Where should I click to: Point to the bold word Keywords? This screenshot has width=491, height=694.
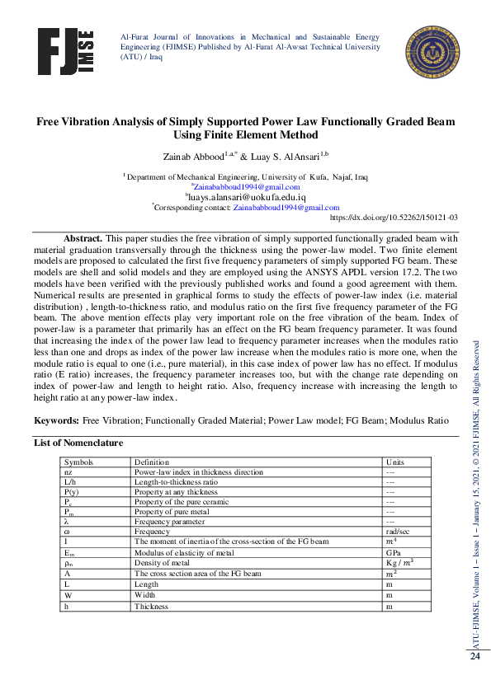pyautogui.click(x=56, y=420)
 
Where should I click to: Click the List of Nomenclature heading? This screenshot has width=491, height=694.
pyautogui.click(x=78, y=443)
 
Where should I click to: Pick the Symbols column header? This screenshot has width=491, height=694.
pyautogui.click(x=79, y=462)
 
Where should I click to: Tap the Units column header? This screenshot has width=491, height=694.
pyautogui.click(x=394, y=462)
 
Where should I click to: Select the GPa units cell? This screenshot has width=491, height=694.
pyautogui.click(x=394, y=551)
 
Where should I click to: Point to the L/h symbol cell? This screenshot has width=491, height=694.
pyautogui.click(x=72, y=481)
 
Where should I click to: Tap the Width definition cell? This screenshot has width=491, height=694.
pyautogui.click(x=145, y=594)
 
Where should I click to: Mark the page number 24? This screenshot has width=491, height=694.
pyautogui.click(x=475, y=657)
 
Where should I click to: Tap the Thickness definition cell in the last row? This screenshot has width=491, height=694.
pyautogui.click(x=151, y=606)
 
